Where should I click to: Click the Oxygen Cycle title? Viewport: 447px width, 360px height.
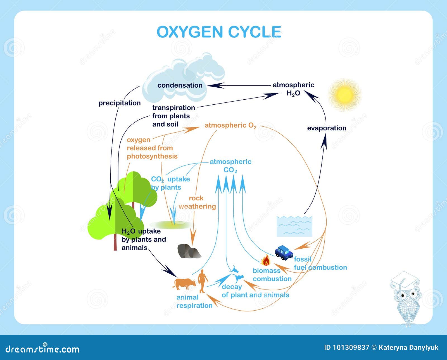219,32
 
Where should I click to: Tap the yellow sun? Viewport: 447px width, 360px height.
344,95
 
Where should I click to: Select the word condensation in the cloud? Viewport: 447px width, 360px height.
180,85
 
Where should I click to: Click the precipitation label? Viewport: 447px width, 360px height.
120,103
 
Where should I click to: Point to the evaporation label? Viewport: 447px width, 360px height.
327,128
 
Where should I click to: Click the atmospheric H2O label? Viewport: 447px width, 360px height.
293,89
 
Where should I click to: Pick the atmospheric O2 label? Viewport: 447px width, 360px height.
230,126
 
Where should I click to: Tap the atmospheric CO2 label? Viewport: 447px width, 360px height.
230,166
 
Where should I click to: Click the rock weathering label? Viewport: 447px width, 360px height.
197,202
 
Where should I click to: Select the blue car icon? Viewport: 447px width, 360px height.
284,253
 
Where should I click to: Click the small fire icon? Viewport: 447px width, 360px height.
266,261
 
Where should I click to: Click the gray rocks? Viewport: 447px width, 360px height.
189,251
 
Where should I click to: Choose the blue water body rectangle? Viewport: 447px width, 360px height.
294,226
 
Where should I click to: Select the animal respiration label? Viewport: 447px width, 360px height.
194,301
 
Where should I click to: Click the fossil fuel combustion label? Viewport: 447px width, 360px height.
320,263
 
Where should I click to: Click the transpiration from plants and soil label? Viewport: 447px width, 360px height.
173,116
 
